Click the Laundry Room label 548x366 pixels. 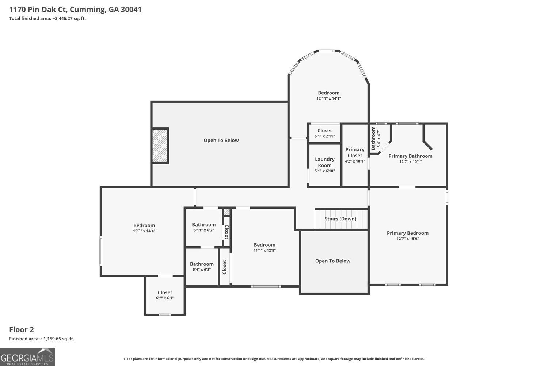(325, 162)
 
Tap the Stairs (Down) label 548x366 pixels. (340, 219)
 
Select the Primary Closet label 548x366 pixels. (355, 153)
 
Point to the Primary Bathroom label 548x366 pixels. (410, 156)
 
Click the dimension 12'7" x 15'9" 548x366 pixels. (408, 239)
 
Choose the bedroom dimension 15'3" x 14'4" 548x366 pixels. (144, 231)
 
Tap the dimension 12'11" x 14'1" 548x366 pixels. (328, 98)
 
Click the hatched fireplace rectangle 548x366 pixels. (160, 146)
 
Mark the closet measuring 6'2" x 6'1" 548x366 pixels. (165, 295)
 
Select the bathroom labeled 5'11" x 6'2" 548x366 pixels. (204, 227)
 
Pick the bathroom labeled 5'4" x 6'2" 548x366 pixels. (202, 267)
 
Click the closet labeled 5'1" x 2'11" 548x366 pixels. (325, 133)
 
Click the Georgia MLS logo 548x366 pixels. (27, 357)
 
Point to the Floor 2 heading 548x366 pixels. (21, 329)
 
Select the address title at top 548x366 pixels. (75, 10)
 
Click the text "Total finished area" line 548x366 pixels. (47, 18)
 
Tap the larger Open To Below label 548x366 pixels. (221, 140)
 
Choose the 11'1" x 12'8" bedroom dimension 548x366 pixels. (265, 250)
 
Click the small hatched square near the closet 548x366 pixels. (227, 212)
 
